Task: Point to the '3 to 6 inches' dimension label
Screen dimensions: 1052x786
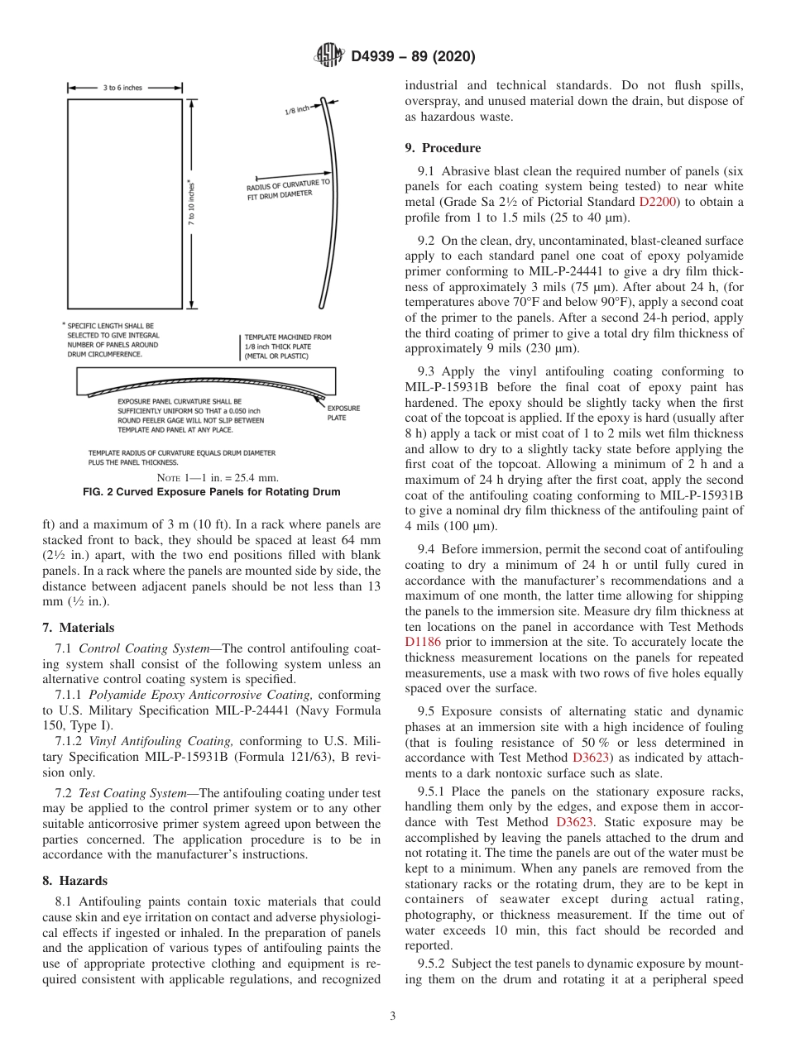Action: click(122, 88)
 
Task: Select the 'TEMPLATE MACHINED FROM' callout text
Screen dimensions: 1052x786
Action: click(287, 337)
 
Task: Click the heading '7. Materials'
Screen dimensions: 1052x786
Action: click(78, 628)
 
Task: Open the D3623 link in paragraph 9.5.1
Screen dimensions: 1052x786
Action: click(574, 822)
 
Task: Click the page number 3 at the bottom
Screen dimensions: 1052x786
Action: click(392, 1016)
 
